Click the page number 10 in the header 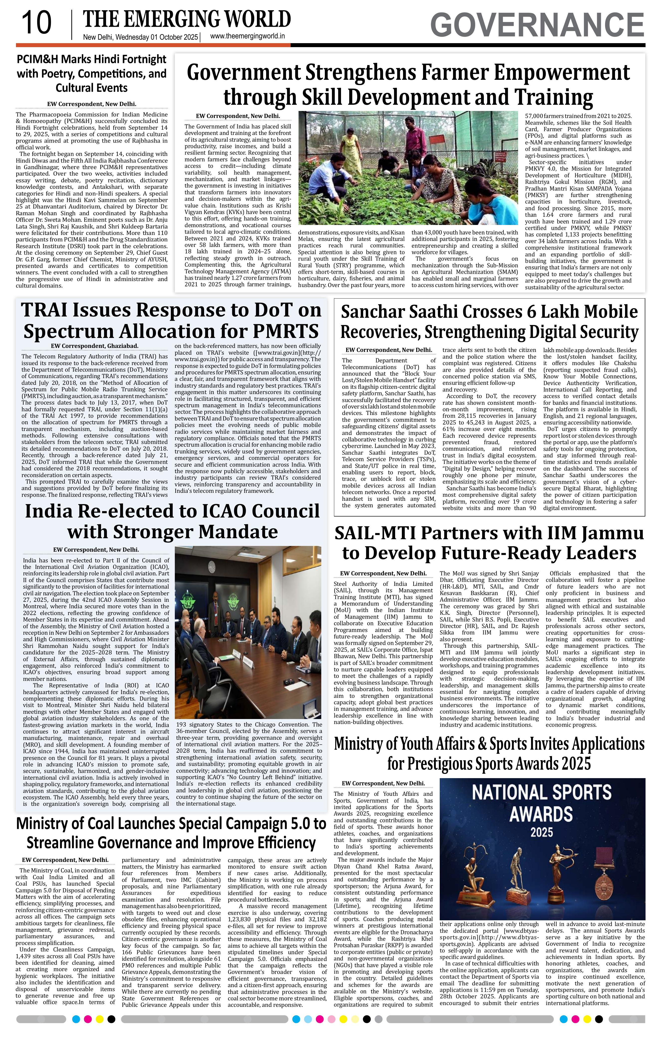coord(36,23)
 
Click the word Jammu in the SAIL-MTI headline coord(612,533)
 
